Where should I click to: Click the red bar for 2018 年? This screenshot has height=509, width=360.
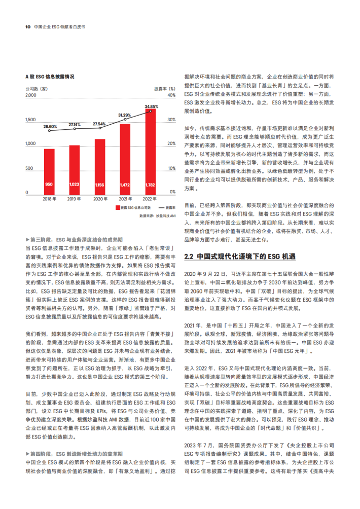pos(49,170)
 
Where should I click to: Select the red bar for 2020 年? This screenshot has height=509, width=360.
pos(100,166)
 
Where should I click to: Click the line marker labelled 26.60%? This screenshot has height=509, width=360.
pos(49,130)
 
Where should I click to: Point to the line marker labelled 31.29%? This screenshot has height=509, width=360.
pos(125,119)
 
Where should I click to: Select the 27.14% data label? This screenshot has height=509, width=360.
pos(75,125)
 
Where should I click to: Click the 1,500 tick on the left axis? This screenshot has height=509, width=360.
pos(30,120)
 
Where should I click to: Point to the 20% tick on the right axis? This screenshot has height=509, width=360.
pos(171,144)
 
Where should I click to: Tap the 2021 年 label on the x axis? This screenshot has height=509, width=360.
pos(125,199)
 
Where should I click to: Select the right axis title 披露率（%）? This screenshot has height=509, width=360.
pos(164,88)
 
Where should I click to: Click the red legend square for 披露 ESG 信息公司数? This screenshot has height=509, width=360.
pos(117,208)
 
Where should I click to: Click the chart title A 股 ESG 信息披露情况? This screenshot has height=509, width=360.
pos(50,77)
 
